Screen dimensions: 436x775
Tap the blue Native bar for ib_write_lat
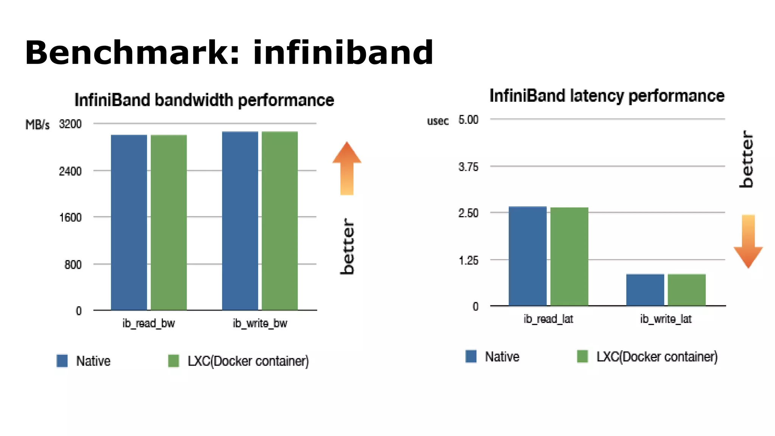coord(645,290)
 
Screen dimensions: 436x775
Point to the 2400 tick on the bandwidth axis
coord(70,171)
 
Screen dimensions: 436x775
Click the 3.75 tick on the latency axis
coord(468,167)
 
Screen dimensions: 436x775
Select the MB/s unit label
coord(37,125)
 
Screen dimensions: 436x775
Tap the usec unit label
coord(438,121)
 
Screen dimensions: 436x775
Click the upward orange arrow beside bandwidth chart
coord(347,168)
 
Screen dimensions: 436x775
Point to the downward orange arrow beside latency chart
coord(748,241)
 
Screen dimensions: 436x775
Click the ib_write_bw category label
coord(260,323)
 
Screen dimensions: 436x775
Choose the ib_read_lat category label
coord(548,319)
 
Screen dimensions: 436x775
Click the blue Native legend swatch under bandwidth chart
coord(62,361)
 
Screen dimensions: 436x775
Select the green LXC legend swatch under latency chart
coord(582,356)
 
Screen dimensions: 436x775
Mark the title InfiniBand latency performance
coord(607,96)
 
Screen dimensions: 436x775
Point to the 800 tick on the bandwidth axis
coord(73,265)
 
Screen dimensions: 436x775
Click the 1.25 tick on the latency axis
coord(468,260)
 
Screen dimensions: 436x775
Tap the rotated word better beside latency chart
coord(747,159)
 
